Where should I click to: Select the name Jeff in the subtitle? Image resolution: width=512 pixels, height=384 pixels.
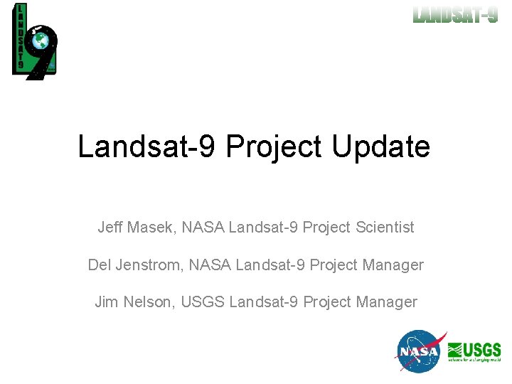(110, 228)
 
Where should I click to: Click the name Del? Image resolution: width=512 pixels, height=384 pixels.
(100, 265)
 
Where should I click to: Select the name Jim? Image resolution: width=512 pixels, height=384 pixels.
(107, 302)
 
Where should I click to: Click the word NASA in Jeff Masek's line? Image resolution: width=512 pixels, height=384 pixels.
(203, 228)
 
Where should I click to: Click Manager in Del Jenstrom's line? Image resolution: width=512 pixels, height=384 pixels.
(393, 265)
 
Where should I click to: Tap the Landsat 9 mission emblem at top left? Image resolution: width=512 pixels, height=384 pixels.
(34, 41)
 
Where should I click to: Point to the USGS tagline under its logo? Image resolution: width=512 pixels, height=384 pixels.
(474, 361)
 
